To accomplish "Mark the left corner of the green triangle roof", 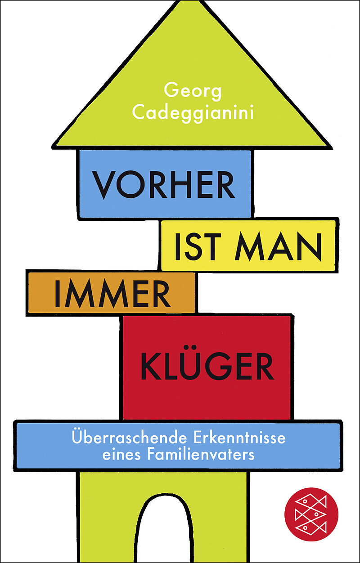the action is coord(53,146).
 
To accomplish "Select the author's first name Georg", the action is coord(193,92).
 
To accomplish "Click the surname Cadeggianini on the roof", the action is coord(193,113).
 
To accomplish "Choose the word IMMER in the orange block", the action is coord(112,294).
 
